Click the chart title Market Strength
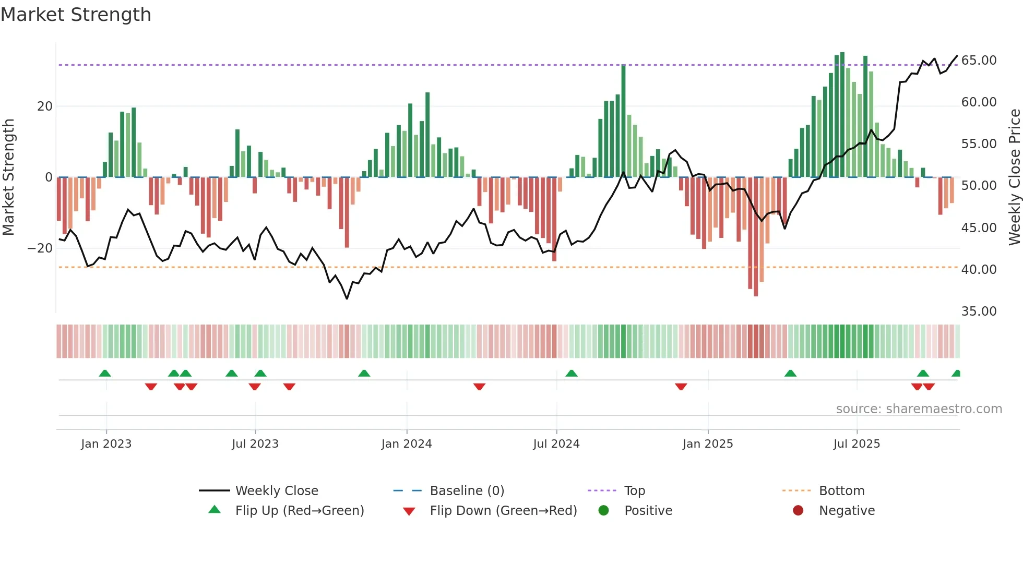tap(76, 15)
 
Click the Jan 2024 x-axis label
tap(407, 444)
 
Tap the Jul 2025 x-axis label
tap(857, 444)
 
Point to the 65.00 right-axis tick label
tap(979, 61)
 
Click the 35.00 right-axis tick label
tap(979, 312)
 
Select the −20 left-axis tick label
tap(40, 248)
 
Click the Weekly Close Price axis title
tap(1014, 177)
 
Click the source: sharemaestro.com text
tap(919, 409)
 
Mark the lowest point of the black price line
tap(347, 298)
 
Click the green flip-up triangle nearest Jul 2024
tap(572, 373)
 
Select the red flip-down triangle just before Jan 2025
tap(681, 387)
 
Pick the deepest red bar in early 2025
tap(756, 237)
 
